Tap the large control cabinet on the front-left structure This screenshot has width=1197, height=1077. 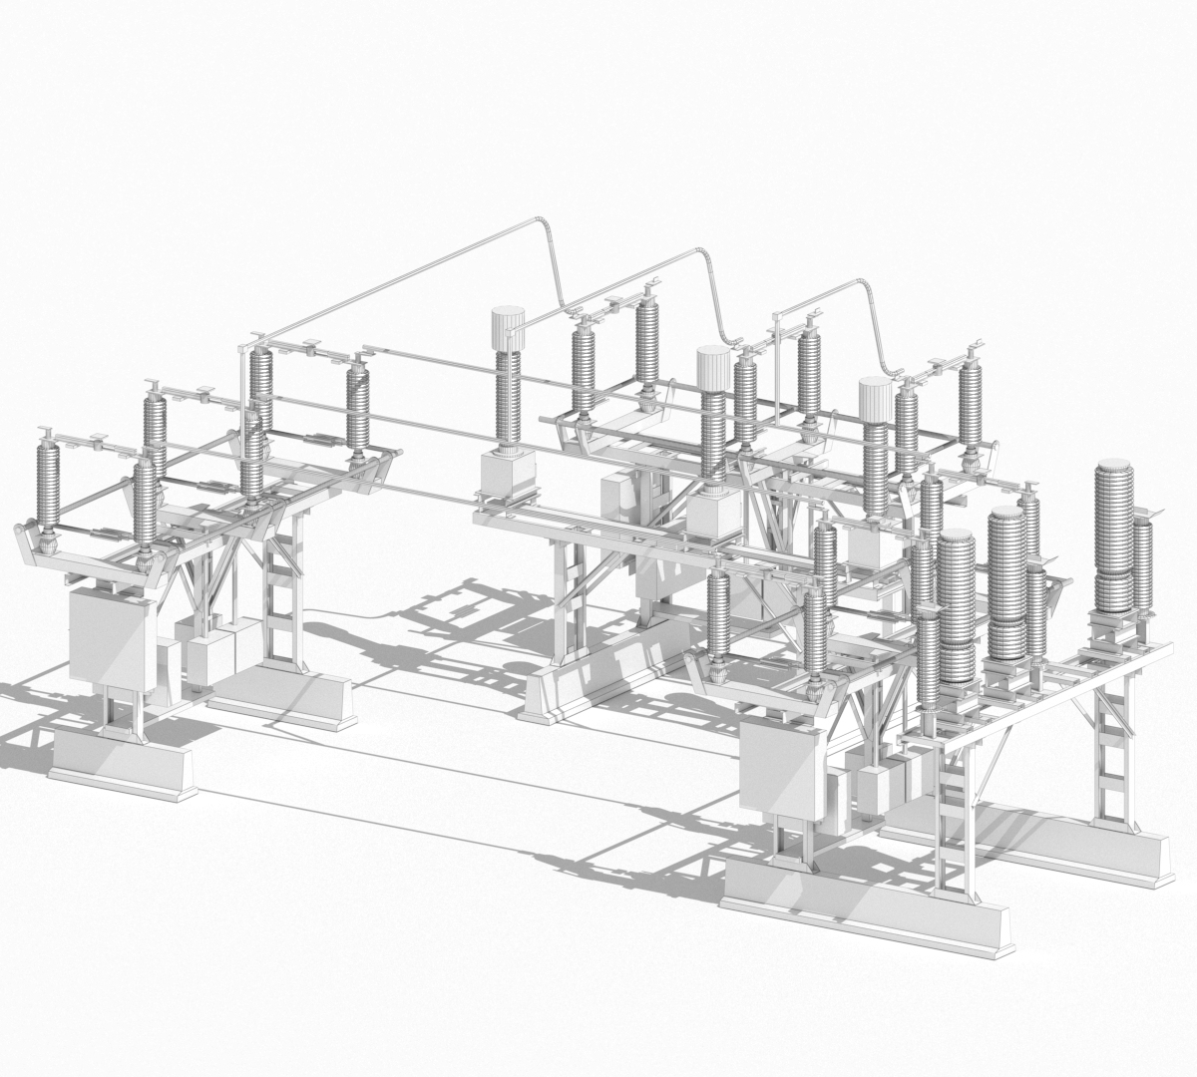click(109, 637)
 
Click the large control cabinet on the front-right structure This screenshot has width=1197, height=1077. click(782, 769)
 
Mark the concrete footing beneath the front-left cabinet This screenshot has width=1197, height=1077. click(122, 763)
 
